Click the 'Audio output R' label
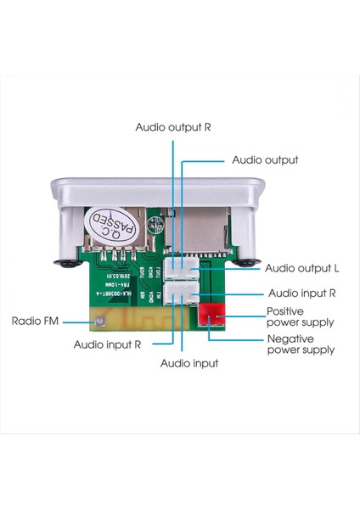click(173, 126)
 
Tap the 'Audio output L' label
click(301, 268)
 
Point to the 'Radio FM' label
click(36, 322)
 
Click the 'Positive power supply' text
click(300, 316)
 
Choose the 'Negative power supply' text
click(300, 344)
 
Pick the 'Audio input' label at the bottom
click(189, 362)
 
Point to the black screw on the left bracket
click(65, 265)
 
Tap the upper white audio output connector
click(181, 271)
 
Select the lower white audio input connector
click(181, 294)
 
